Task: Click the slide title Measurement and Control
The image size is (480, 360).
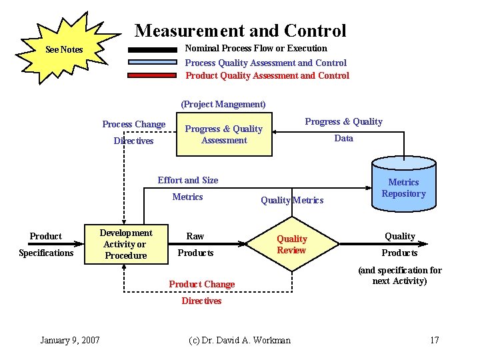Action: (x=240, y=31)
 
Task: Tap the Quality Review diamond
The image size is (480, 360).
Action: (x=292, y=245)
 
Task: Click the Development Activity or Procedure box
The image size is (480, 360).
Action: (x=125, y=244)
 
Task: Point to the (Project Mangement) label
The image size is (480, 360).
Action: (x=223, y=104)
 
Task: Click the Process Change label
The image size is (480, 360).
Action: (x=133, y=124)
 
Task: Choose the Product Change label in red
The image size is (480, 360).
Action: (x=201, y=284)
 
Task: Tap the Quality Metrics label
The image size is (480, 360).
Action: (x=292, y=200)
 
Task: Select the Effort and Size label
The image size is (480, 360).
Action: (x=188, y=180)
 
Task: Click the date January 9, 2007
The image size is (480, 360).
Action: (x=70, y=341)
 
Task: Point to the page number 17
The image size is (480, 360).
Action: (x=435, y=341)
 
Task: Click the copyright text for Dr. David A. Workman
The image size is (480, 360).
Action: (x=240, y=341)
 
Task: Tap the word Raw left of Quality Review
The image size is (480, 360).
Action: (x=195, y=236)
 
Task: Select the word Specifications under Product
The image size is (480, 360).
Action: (x=46, y=253)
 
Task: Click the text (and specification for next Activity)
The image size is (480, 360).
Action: (x=400, y=275)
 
